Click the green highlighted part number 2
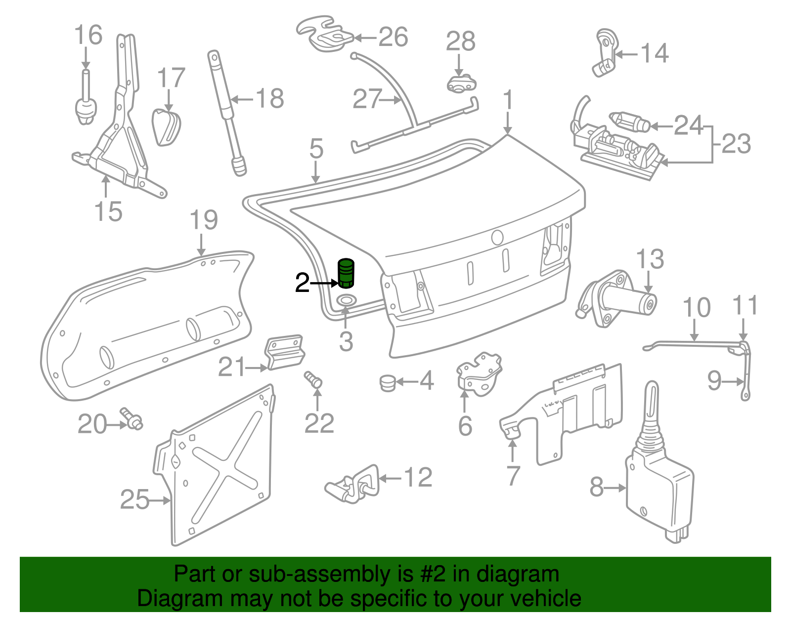click(x=346, y=273)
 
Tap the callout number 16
click(x=88, y=36)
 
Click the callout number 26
click(x=393, y=38)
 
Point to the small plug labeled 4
click(x=388, y=383)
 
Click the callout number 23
click(x=736, y=144)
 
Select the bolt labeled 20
click(x=132, y=419)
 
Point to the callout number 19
click(x=204, y=220)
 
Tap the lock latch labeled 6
click(x=479, y=373)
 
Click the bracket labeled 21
click(x=285, y=352)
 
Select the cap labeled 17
click(x=166, y=127)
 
